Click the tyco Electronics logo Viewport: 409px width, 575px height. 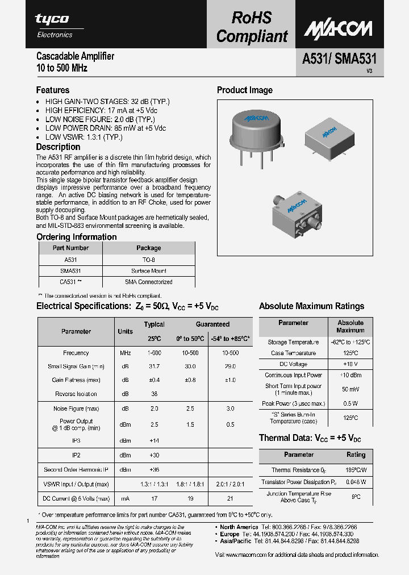pos(53,24)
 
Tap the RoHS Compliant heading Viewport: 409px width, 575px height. pos(252,27)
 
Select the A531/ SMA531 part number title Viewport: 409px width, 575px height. pos(336,59)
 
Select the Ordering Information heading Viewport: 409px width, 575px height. pos(76,237)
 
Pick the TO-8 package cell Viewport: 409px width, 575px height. pos(149,260)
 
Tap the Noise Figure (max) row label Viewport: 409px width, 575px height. pos(76,409)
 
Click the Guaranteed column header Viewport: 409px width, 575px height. pos(212,324)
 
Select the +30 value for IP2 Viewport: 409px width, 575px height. pos(154,455)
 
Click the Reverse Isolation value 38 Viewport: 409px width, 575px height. pos(154,394)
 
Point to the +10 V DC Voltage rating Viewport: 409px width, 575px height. pos(350,364)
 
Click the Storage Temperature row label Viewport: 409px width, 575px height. pos(293,343)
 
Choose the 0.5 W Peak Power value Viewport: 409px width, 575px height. pos(350,404)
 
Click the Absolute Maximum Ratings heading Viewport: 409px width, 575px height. pos(311,306)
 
